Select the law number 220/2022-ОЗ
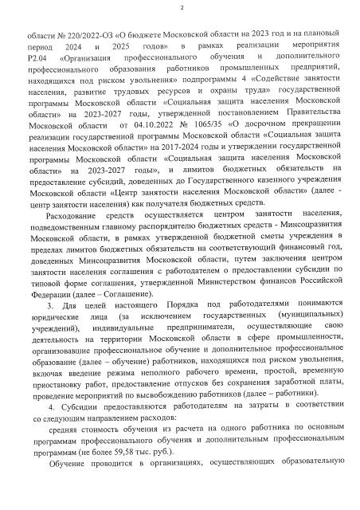(x=82, y=36)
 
